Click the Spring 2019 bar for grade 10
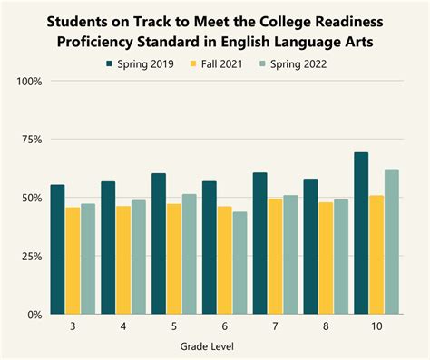click(361, 233)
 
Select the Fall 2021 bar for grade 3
click(73, 260)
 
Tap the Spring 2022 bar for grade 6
click(239, 263)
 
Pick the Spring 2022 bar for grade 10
click(392, 242)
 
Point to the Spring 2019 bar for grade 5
click(159, 244)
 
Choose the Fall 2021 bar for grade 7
click(275, 257)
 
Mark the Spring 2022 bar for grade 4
click(139, 258)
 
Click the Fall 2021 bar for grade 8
click(326, 258)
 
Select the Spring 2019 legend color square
click(109, 64)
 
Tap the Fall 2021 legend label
click(221, 64)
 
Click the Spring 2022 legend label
click(298, 64)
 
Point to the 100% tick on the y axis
click(29, 82)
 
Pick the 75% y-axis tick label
click(32, 140)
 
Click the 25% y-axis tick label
click(32, 257)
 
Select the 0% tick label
click(34, 315)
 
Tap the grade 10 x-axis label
click(376, 326)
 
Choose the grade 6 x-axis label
click(225, 326)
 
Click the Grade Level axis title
click(207, 346)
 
